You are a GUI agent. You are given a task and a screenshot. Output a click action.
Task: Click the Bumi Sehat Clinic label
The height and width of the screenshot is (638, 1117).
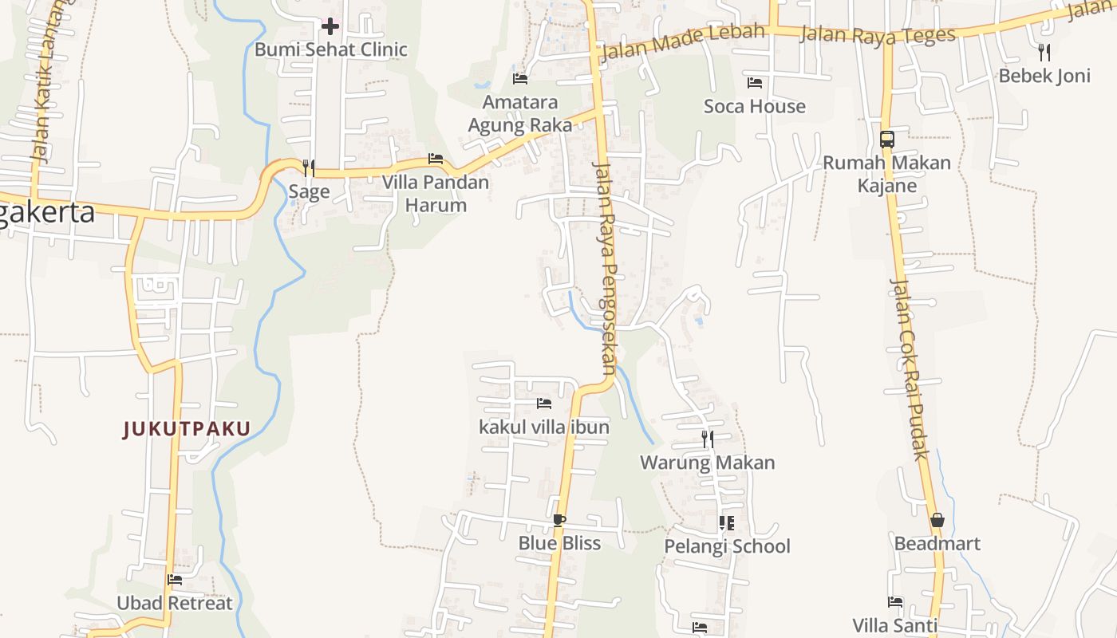point(330,49)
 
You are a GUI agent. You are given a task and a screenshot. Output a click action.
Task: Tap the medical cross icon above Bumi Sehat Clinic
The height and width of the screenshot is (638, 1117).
point(330,26)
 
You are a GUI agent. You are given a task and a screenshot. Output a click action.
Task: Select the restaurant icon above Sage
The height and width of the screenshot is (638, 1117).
point(309,168)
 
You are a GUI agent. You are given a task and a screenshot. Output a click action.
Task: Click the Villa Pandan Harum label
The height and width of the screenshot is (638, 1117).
point(435,194)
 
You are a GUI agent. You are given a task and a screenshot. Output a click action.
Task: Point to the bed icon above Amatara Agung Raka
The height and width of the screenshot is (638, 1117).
point(520,78)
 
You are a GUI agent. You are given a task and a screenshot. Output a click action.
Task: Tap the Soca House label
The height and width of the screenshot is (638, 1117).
point(754,106)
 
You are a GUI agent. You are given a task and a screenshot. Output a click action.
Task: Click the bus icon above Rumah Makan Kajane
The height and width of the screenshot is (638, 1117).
point(886,140)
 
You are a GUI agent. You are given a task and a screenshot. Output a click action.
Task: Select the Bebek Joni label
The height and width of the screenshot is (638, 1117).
point(1044,77)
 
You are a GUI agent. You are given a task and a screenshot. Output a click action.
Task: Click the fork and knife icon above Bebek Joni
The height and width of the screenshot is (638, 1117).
point(1044,53)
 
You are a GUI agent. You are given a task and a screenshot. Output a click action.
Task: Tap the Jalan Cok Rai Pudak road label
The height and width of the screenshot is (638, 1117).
point(910,368)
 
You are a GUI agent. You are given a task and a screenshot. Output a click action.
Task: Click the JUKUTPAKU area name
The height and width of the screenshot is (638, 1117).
point(187,429)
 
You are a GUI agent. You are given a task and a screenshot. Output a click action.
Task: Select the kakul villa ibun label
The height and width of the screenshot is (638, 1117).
point(544,427)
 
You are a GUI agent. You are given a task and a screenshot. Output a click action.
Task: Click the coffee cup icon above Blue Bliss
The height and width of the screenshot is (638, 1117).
point(559,520)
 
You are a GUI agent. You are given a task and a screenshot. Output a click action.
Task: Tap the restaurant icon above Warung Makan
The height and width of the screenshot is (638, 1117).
point(707,439)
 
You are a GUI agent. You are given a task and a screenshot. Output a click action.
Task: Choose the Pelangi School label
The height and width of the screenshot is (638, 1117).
point(727,546)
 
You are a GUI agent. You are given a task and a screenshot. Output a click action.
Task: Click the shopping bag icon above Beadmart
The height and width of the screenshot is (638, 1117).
point(937,520)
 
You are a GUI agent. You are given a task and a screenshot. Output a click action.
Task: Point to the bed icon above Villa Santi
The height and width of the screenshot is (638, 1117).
point(895,602)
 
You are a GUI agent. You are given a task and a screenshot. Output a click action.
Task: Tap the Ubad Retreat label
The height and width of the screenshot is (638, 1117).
point(175,603)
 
